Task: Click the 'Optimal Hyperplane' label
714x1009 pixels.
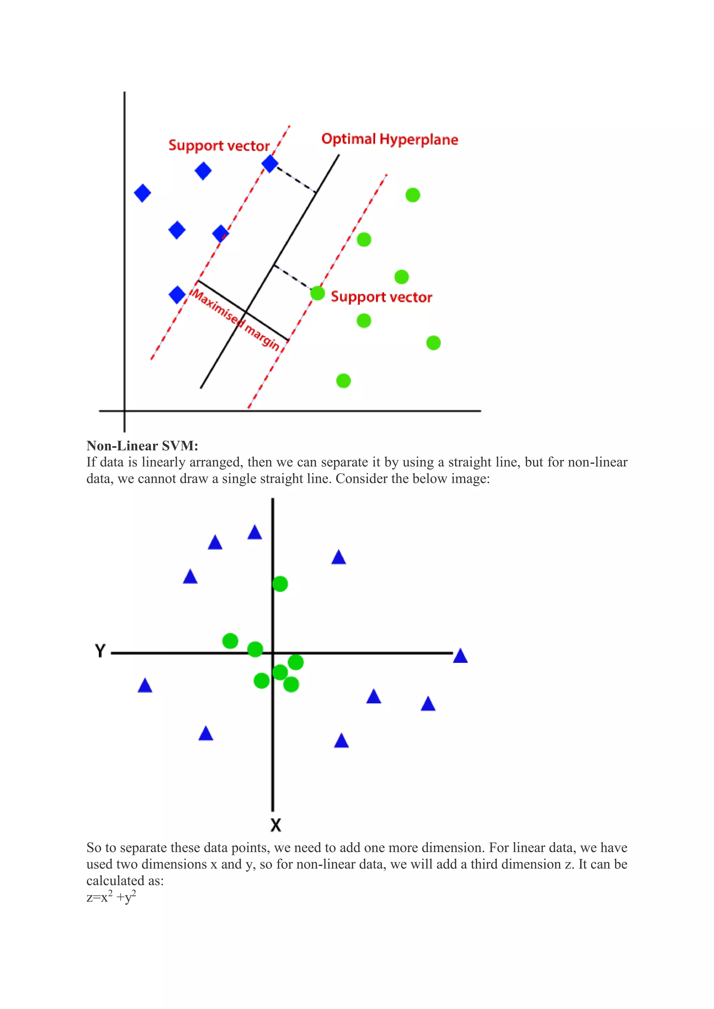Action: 389,139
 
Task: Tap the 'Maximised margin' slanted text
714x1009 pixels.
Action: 236,320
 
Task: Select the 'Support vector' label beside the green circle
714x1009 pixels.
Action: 381,297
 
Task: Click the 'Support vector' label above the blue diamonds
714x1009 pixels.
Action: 219,145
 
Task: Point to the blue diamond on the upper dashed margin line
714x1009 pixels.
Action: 270,164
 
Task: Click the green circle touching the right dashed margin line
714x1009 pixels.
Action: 318,293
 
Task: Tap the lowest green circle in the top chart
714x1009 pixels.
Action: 343,381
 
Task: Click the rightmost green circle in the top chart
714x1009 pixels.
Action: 433,343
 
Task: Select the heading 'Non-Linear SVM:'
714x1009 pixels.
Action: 142,446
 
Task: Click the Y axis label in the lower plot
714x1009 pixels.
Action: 100,650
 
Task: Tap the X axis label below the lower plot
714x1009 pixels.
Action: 276,825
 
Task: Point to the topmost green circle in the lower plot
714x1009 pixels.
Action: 280,584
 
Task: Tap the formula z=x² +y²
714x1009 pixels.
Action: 111,897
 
